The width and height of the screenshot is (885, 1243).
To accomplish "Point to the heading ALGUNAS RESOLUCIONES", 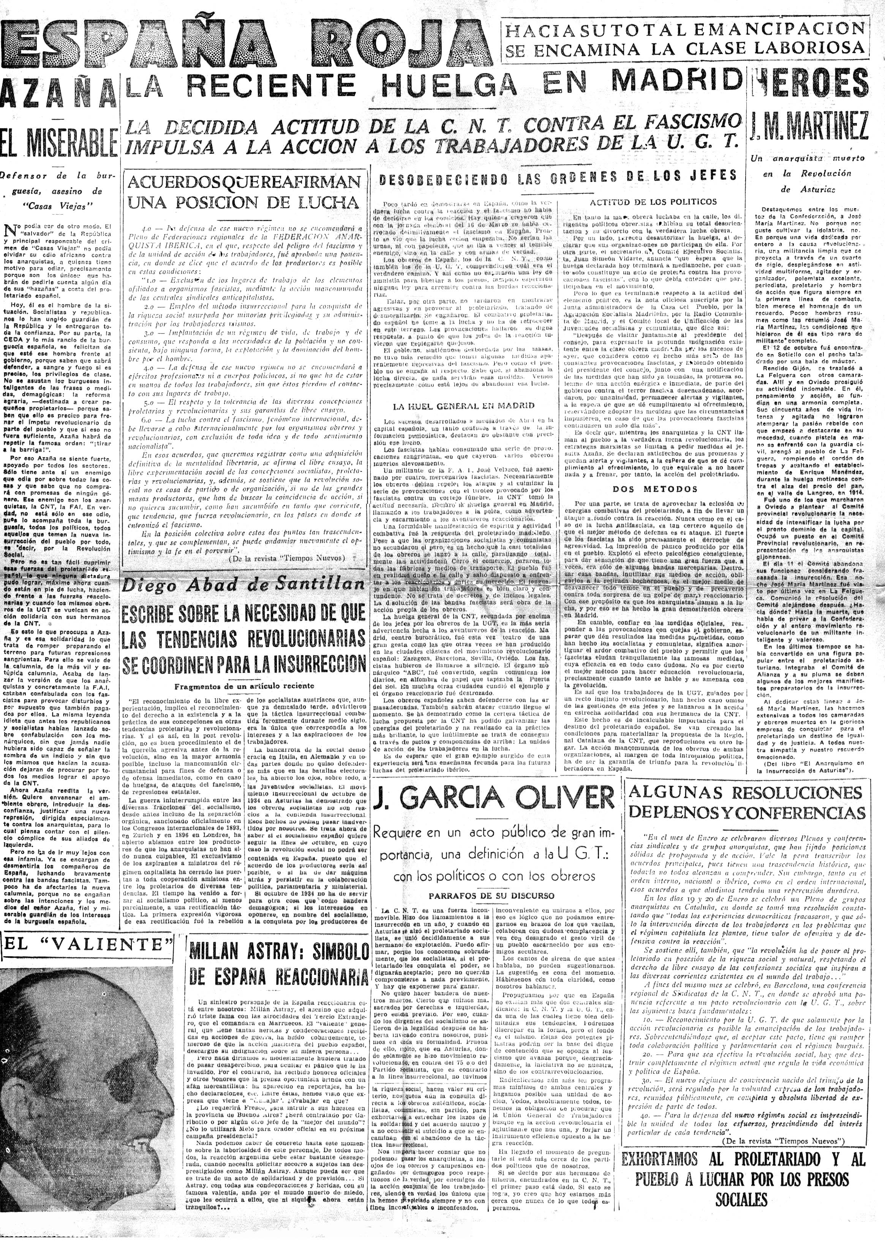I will tap(746, 794).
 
